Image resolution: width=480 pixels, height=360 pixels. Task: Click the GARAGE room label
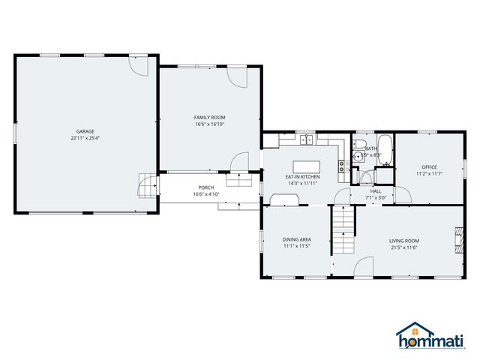point(85,130)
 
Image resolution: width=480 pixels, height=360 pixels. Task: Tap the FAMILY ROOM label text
point(209,118)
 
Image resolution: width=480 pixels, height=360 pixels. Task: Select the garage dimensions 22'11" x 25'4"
point(85,138)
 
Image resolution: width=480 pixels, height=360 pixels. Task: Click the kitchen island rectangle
point(305,165)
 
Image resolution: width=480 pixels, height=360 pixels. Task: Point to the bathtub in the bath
point(384,143)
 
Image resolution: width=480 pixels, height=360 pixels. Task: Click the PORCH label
point(206,187)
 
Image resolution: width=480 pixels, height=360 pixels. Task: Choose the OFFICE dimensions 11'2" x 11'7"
point(428,174)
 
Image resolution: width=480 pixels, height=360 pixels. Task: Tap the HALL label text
point(375,191)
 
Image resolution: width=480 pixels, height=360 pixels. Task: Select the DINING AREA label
point(297,240)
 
